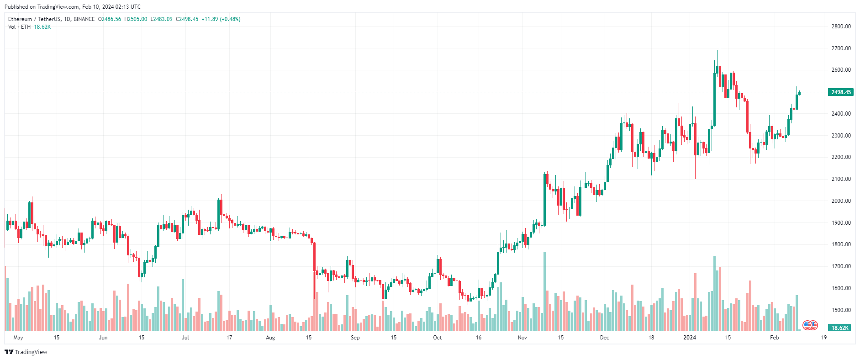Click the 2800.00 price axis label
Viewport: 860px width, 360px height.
click(841, 26)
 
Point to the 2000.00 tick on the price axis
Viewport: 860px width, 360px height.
click(841, 201)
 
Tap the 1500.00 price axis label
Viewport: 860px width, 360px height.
click(841, 310)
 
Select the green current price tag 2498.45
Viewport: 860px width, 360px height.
click(840, 92)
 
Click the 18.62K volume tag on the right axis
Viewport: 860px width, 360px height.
click(840, 328)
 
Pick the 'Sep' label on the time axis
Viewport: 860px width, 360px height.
click(355, 338)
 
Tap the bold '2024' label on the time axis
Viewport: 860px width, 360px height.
click(689, 338)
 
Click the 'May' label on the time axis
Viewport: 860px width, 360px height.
click(18, 338)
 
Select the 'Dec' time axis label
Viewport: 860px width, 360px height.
click(604, 338)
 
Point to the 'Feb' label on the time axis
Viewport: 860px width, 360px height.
click(774, 338)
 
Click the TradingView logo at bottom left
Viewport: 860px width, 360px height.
click(26, 352)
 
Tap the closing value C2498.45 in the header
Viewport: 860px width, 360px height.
click(187, 19)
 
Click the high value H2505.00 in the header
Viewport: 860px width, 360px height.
click(136, 19)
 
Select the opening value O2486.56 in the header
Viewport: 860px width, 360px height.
click(110, 19)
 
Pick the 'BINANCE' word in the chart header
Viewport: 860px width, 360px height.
click(84, 19)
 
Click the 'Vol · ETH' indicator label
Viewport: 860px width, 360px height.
click(20, 27)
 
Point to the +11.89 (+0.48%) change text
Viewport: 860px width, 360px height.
click(221, 19)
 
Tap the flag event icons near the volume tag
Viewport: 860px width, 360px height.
click(810, 326)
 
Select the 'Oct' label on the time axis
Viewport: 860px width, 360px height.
click(437, 338)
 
